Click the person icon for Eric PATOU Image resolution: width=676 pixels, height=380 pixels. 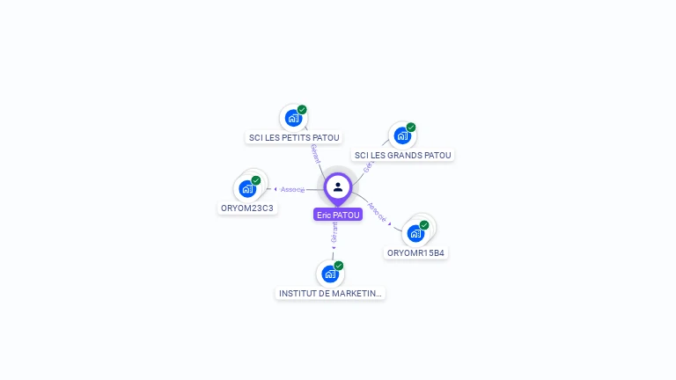coord(338,186)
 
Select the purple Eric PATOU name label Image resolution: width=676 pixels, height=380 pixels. coord(338,215)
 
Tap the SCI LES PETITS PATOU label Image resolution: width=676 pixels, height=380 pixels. coord(294,137)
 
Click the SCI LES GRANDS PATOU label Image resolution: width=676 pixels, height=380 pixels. coord(402,156)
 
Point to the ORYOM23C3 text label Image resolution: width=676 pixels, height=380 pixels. coord(247,208)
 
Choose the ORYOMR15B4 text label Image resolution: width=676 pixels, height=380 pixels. coord(416,253)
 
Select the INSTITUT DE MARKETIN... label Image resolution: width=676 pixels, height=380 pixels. coord(330,293)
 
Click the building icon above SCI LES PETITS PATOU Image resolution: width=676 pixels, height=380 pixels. coord(293,118)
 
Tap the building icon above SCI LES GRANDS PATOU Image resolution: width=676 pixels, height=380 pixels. coord(402,135)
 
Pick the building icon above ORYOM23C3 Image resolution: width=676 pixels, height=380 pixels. coord(247,188)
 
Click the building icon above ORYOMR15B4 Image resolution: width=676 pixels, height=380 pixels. coord(415,233)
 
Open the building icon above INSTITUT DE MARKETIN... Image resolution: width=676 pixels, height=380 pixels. coord(330,274)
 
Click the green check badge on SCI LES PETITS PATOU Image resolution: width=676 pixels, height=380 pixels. coord(302,110)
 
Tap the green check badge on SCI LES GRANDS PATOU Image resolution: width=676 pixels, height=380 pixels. coord(411,128)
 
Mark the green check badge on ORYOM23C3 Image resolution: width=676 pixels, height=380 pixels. coord(256,180)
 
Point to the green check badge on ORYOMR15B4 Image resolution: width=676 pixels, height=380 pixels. coord(424,225)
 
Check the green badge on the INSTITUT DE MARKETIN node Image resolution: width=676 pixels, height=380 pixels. coord(339,266)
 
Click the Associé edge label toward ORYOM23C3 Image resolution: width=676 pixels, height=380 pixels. coord(293,189)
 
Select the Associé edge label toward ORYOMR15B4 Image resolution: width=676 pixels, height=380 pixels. coord(377,211)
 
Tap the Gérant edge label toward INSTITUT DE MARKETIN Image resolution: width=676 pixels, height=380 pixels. coord(334,233)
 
